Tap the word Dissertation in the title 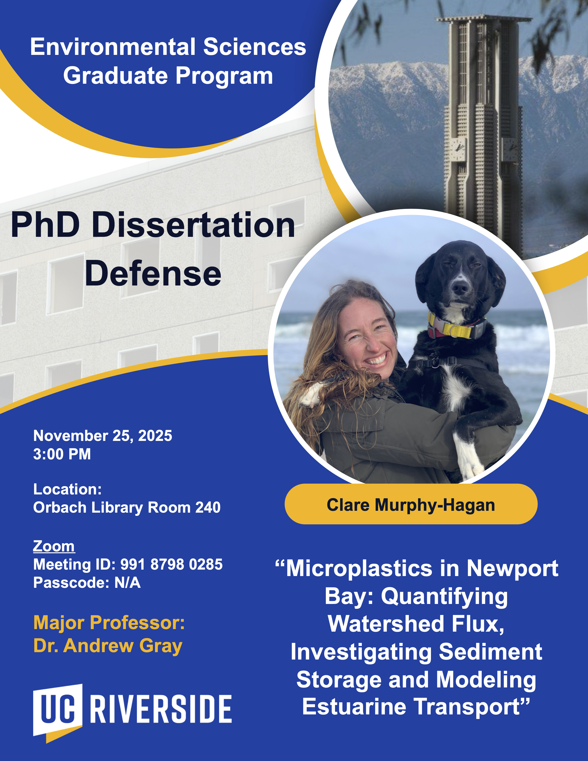194,226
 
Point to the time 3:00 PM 62,454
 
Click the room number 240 208,508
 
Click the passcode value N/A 128,583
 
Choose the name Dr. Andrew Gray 108,646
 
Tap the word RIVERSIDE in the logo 161,709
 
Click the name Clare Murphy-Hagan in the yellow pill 411,505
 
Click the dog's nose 460,288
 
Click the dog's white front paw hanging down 470,460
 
